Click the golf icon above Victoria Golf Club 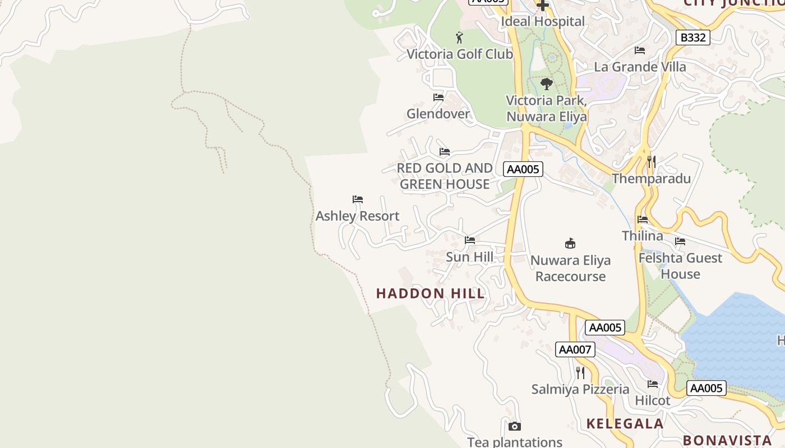pyautogui.click(x=459, y=38)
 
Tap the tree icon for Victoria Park pyautogui.click(x=546, y=84)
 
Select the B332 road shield pyautogui.click(x=692, y=38)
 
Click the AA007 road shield pyautogui.click(x=575, y=349)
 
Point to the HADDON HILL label pyautogui.click(x=430, y=293)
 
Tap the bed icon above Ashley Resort pyautogui.click(x=358, y=199)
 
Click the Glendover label pyautogui.click(x=438, y=114)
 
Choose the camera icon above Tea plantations pyautogui.click(x=514, y=426)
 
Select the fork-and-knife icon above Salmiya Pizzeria pyautogui.click(x=580, y=372)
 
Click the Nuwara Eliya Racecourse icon pyautogui.click(x=570, y=243)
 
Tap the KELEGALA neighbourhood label pyautogui.click(x=625, y=423)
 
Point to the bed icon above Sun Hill pyautogui.click(x=470, y=240)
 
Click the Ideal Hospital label pyautogui.click(x=542, y=21)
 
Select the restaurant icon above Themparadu pyautogui.click(x=651, y=162)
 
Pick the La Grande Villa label pyautogui.click(x=640, y=67)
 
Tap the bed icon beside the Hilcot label pyautogui.click(x=653, y=384)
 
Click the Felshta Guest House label pyautogui.click(x=680, y=266)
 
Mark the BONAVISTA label pyautogui.click(x=727, y=440)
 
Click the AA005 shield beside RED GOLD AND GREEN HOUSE pyautogui.click(x=523, y=169)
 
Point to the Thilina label pyautogui.click(x=642, y=236)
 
